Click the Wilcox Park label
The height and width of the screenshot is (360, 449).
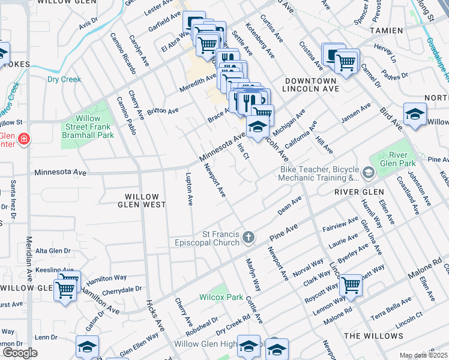(x=221, y=297)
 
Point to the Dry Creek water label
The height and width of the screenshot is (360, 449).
(x=64, y=79)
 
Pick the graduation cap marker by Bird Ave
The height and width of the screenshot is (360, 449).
(x=415, y=115)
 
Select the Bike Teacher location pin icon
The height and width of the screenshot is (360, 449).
(x=367, y=173)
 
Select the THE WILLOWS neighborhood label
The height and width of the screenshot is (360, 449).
(x=374, y=335)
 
